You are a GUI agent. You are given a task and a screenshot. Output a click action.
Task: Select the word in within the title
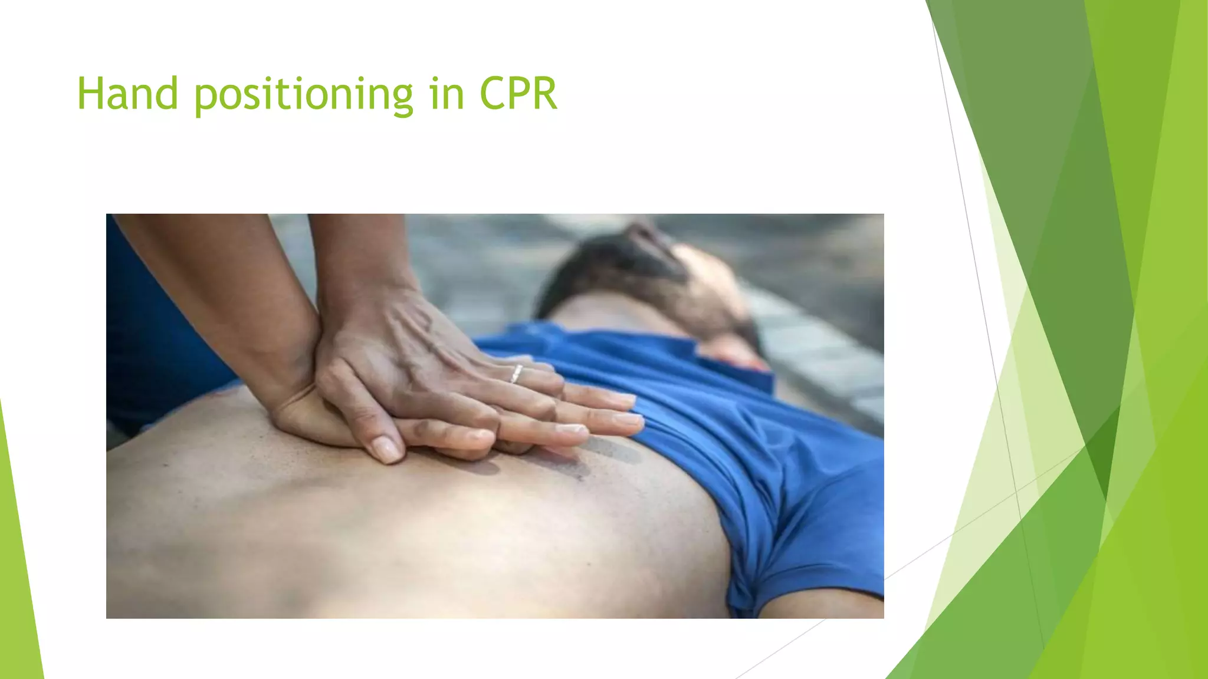pos(448,94)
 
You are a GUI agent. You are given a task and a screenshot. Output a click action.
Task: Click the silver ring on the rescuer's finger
pos(516,374)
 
